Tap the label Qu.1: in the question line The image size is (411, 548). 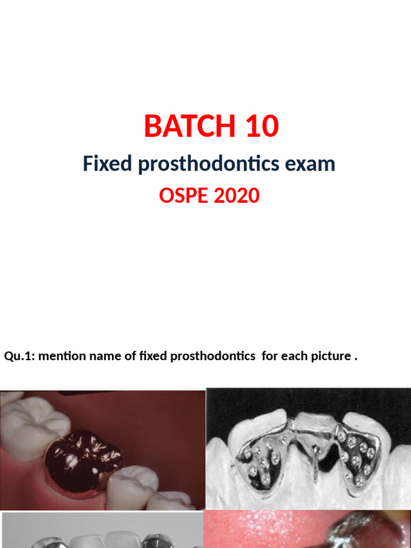click(19, 356)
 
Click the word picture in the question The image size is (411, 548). click(332, 356)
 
